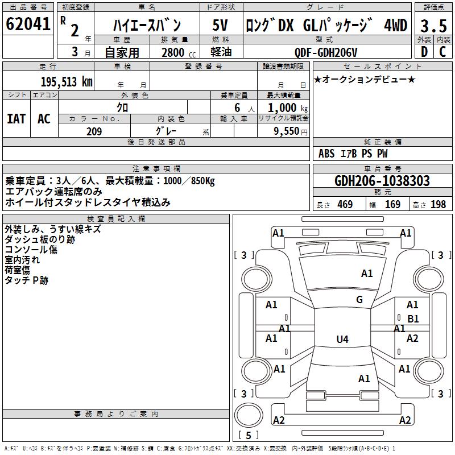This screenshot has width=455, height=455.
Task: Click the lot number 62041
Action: coord(27,25)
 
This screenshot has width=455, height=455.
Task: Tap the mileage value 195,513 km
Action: coord(67,81)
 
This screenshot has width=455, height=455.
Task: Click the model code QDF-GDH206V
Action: coord(327,52)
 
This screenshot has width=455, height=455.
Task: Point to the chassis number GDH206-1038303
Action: coord(382,181)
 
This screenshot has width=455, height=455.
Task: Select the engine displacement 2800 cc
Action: coord(175,52)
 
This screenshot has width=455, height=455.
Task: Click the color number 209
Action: coord(94,131)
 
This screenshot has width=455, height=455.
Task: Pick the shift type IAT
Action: coord(16,119)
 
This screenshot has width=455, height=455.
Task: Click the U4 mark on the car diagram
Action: coord(342,340)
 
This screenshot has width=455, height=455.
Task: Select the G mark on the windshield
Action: coord(359,300)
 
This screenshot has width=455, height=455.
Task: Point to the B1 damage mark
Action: coord(413,319)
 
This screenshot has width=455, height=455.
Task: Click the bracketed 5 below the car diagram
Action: coord(249,436)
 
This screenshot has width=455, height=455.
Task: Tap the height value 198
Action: coord(438,205)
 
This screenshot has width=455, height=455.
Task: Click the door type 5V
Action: coord(220,26)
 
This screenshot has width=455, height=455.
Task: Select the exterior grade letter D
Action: coord(424,52)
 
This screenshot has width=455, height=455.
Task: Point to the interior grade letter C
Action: coord(442,52)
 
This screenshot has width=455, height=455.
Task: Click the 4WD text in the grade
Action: coord(396,26)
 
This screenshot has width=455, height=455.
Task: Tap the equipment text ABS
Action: coord(326,154)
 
